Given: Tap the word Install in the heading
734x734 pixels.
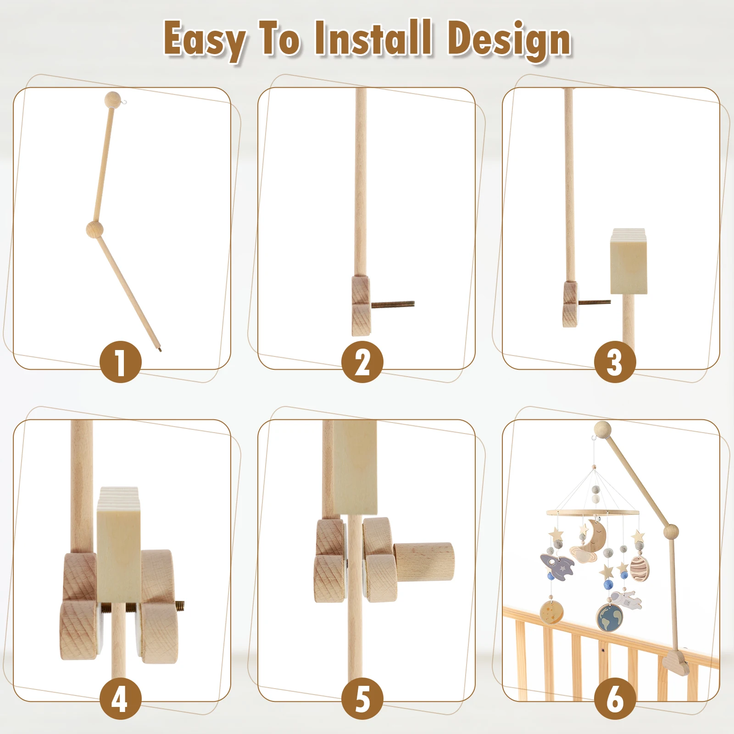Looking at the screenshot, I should click(373, 39).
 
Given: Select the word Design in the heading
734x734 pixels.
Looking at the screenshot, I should click(509, 40).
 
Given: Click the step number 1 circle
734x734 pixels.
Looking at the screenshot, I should click(120, 362).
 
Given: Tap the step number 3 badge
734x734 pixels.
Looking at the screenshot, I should click(615, 362).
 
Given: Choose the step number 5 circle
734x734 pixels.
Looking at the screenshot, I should click(362, 698).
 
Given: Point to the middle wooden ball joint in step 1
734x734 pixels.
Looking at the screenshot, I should click(95, 228).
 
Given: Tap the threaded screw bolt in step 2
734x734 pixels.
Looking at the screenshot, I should click(393, 304).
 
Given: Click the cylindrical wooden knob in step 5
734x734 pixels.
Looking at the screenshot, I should click(424, 562).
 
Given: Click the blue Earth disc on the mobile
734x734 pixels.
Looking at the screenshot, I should click(610, 617).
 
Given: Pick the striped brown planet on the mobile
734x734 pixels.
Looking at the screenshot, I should click(639, 569).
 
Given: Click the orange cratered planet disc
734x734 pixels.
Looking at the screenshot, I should click(551, 612).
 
